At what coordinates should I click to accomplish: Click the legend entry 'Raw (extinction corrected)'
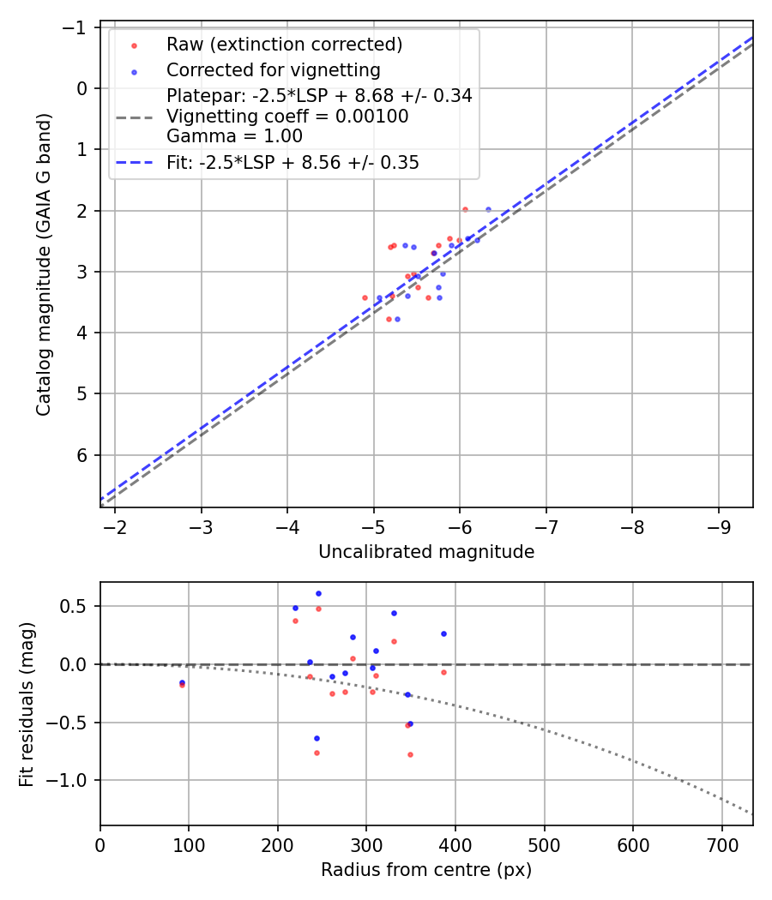tap(284, 45)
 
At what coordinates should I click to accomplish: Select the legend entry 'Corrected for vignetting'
tap(273, 69)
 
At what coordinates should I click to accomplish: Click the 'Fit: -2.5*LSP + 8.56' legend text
tap(293, 162)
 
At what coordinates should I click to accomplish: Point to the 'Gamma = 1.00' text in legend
tap(234, 136)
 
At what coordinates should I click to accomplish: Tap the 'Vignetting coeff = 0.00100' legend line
tap(287, 116)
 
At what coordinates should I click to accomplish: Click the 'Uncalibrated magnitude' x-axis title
tap(426, 552)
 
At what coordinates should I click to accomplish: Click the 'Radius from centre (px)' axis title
tap(426, 870)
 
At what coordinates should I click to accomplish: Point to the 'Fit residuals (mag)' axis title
tap(27, 704)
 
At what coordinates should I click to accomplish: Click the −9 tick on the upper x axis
tap(719, 525)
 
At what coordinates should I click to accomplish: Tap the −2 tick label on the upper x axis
tap(115, 525)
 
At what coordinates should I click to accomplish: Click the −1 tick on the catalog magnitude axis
tap(78, 27)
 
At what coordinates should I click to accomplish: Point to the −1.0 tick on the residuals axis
tap(73, 780)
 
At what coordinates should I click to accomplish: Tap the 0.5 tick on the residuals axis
tap(78, 606)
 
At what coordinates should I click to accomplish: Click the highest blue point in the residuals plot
tap(318, 593)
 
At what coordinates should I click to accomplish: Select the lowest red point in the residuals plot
tap(410, 754)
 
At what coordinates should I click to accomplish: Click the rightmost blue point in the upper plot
tap(488, 209)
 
